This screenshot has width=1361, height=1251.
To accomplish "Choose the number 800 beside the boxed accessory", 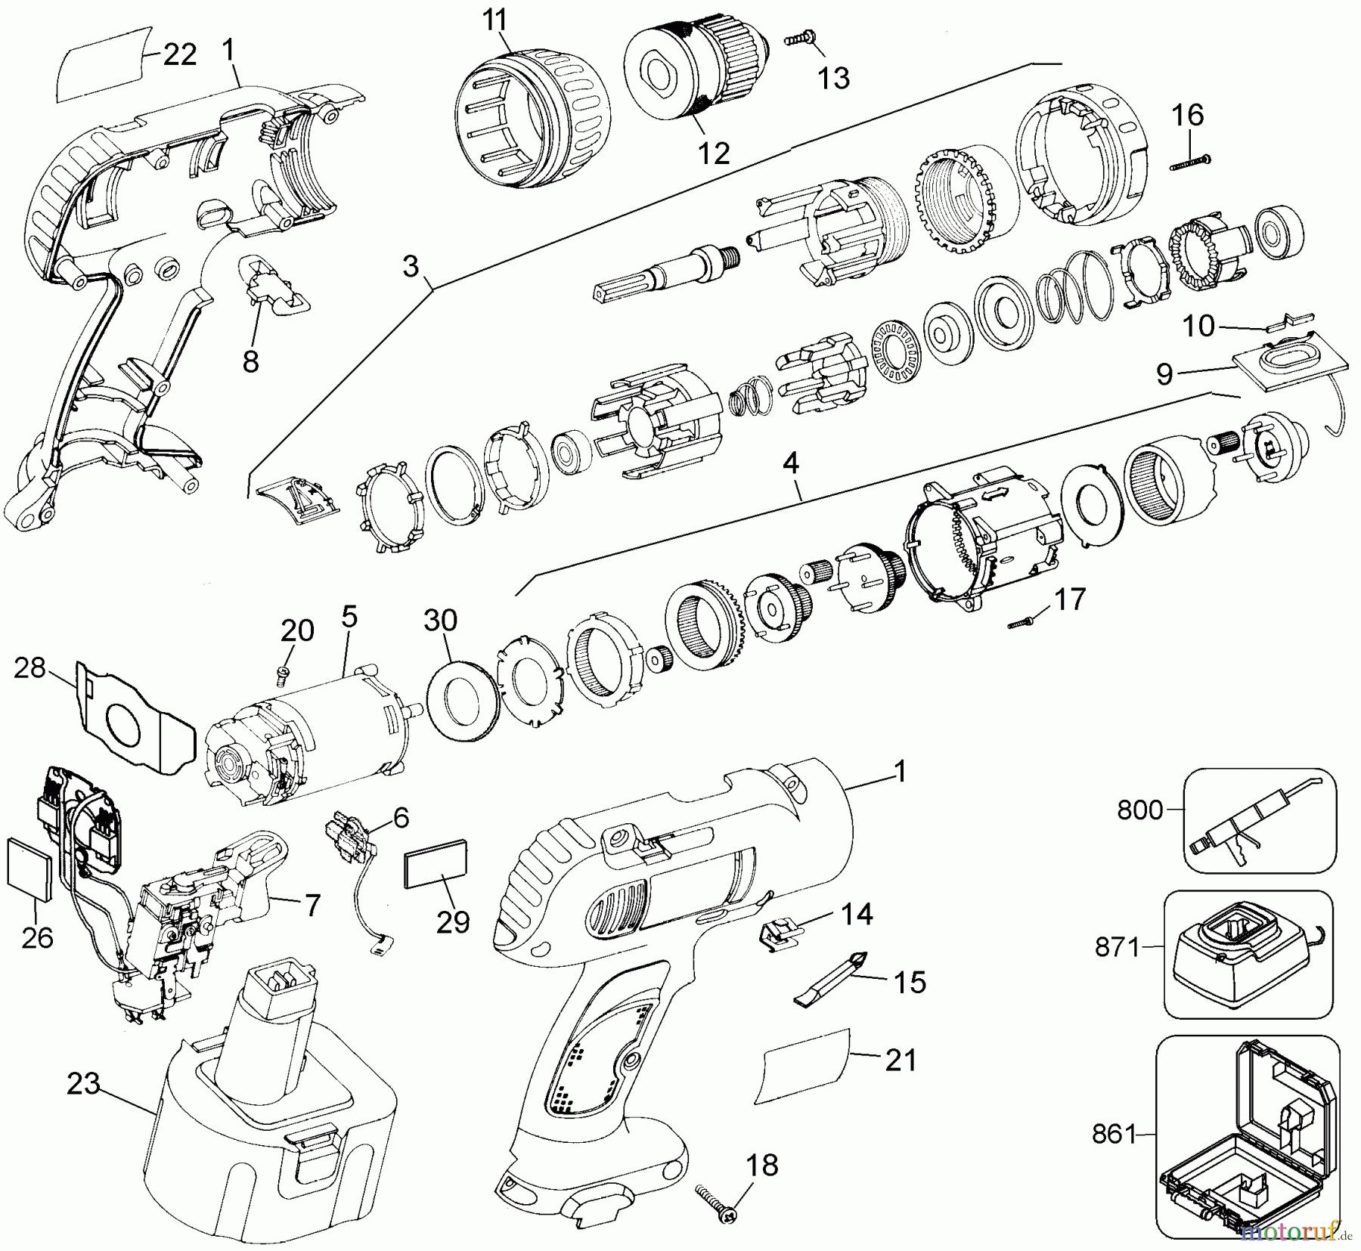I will tap(1139, 810).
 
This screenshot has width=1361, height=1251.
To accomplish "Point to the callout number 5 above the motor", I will tap(349, 617).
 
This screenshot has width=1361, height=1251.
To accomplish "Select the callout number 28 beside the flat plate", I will tap(29, 668).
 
